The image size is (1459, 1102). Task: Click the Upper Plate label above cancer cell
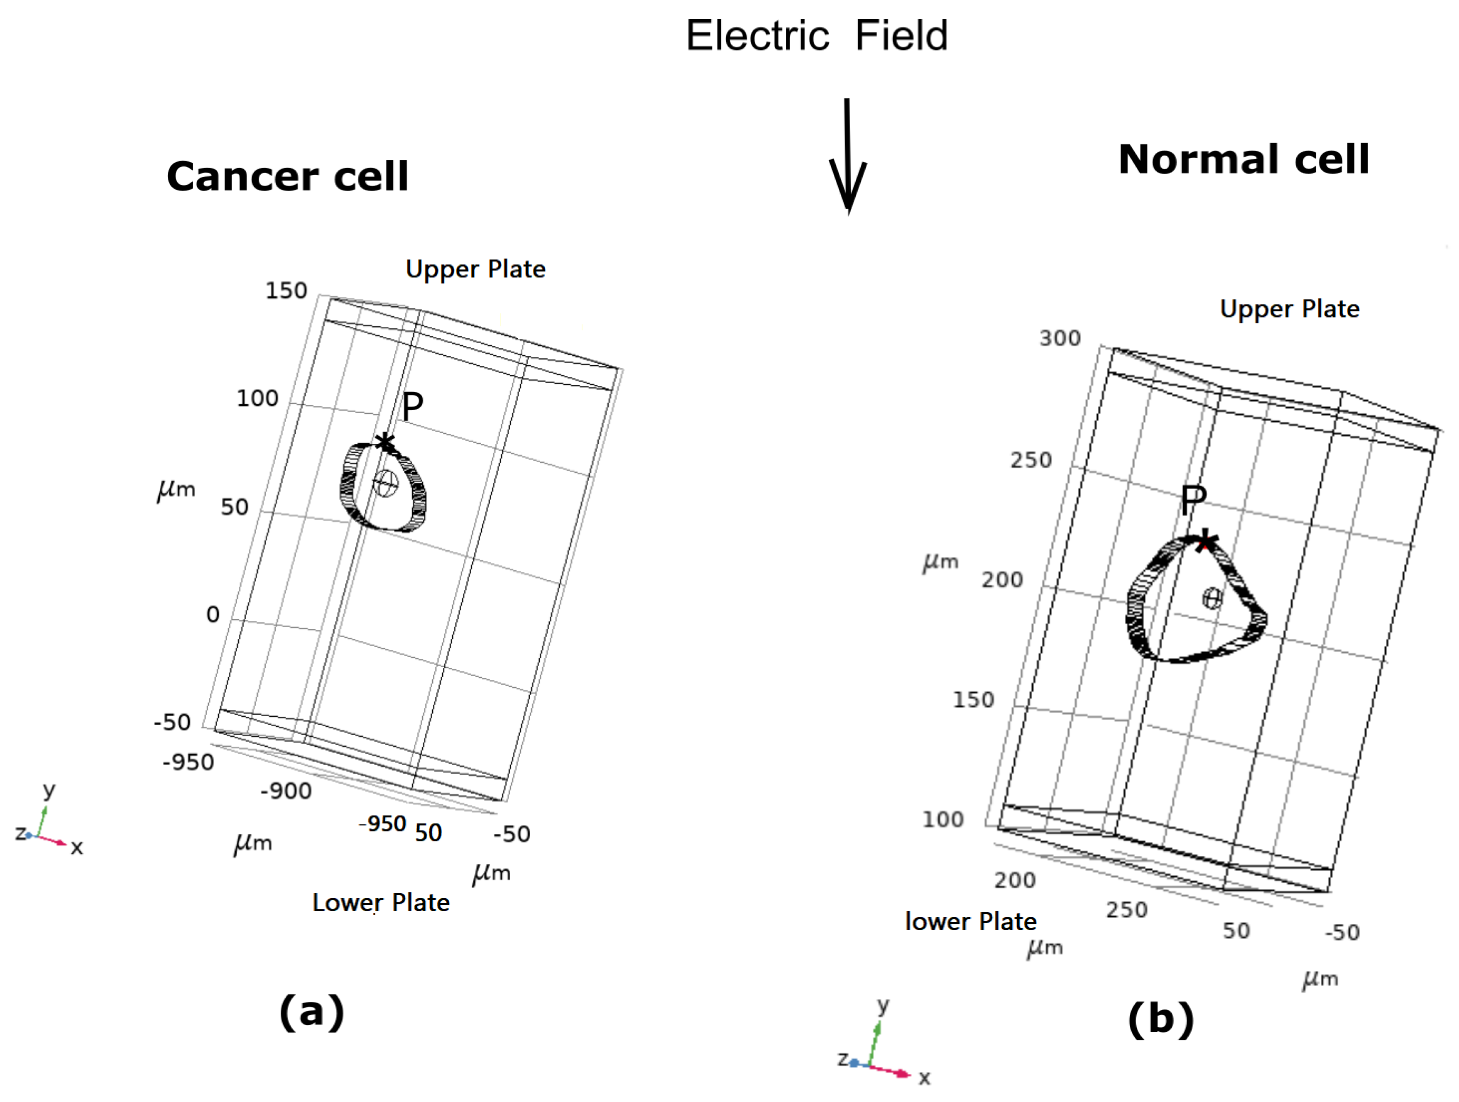475,269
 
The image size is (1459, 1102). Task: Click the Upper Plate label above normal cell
1290,309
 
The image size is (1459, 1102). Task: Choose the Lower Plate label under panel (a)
381,902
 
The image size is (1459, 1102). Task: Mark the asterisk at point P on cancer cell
384,442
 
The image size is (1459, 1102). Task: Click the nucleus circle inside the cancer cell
386,484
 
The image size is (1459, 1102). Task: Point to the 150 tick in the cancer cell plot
286,291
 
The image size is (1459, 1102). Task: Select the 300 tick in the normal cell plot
1060,338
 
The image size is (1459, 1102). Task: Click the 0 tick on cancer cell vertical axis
213,615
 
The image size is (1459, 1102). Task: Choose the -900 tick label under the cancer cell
286,791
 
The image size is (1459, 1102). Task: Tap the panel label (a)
311,1011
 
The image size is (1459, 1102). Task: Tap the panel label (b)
1160,1019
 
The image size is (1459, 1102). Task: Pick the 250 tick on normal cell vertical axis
1031,459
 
